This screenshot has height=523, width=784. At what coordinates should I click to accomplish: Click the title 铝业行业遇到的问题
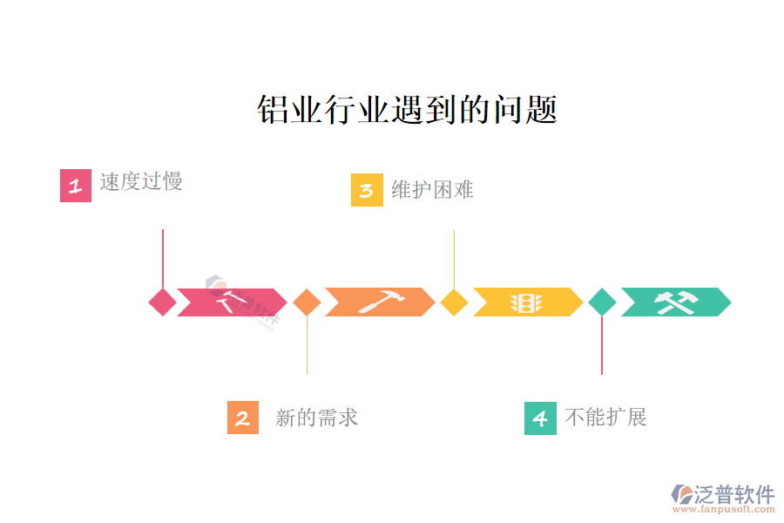point(407,110)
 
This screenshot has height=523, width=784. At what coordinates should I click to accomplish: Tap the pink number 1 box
point(76,186)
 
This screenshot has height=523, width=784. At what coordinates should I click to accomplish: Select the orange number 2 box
point(243,418)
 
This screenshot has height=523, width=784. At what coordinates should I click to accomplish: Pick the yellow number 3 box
point(367,190)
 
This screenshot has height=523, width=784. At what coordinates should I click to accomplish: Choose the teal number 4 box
point(540,418)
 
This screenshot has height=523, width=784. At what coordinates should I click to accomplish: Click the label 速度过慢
point(141,181)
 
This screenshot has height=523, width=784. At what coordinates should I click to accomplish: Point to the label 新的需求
point(316,418)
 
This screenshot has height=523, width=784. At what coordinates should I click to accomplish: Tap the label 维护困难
point(432,189)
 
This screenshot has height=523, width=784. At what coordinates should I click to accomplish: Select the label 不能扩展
point(605,417)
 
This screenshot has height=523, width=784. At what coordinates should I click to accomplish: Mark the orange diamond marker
point(307,302)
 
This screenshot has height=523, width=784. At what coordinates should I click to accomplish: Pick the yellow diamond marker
point(454,302)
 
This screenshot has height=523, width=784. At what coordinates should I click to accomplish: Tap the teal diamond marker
point(602,302)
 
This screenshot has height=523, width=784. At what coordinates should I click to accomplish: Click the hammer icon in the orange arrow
point(381,302)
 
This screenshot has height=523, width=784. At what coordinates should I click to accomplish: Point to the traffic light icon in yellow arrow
point(526,302)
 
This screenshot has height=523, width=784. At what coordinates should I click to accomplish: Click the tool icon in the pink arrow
point(233,302)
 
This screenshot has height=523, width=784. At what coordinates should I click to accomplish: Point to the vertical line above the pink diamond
point(163,257)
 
